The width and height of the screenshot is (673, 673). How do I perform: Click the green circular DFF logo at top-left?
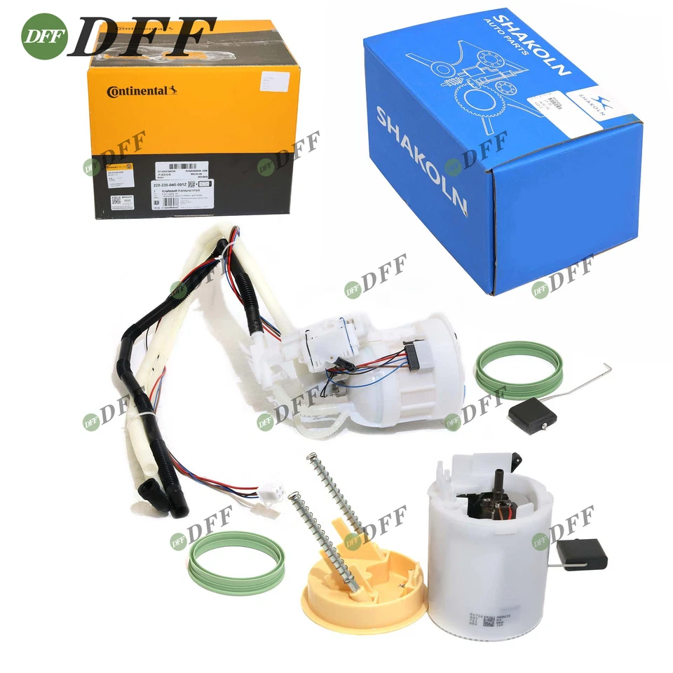tap(44, 36)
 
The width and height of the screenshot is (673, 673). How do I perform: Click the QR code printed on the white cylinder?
tap(489, 620)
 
